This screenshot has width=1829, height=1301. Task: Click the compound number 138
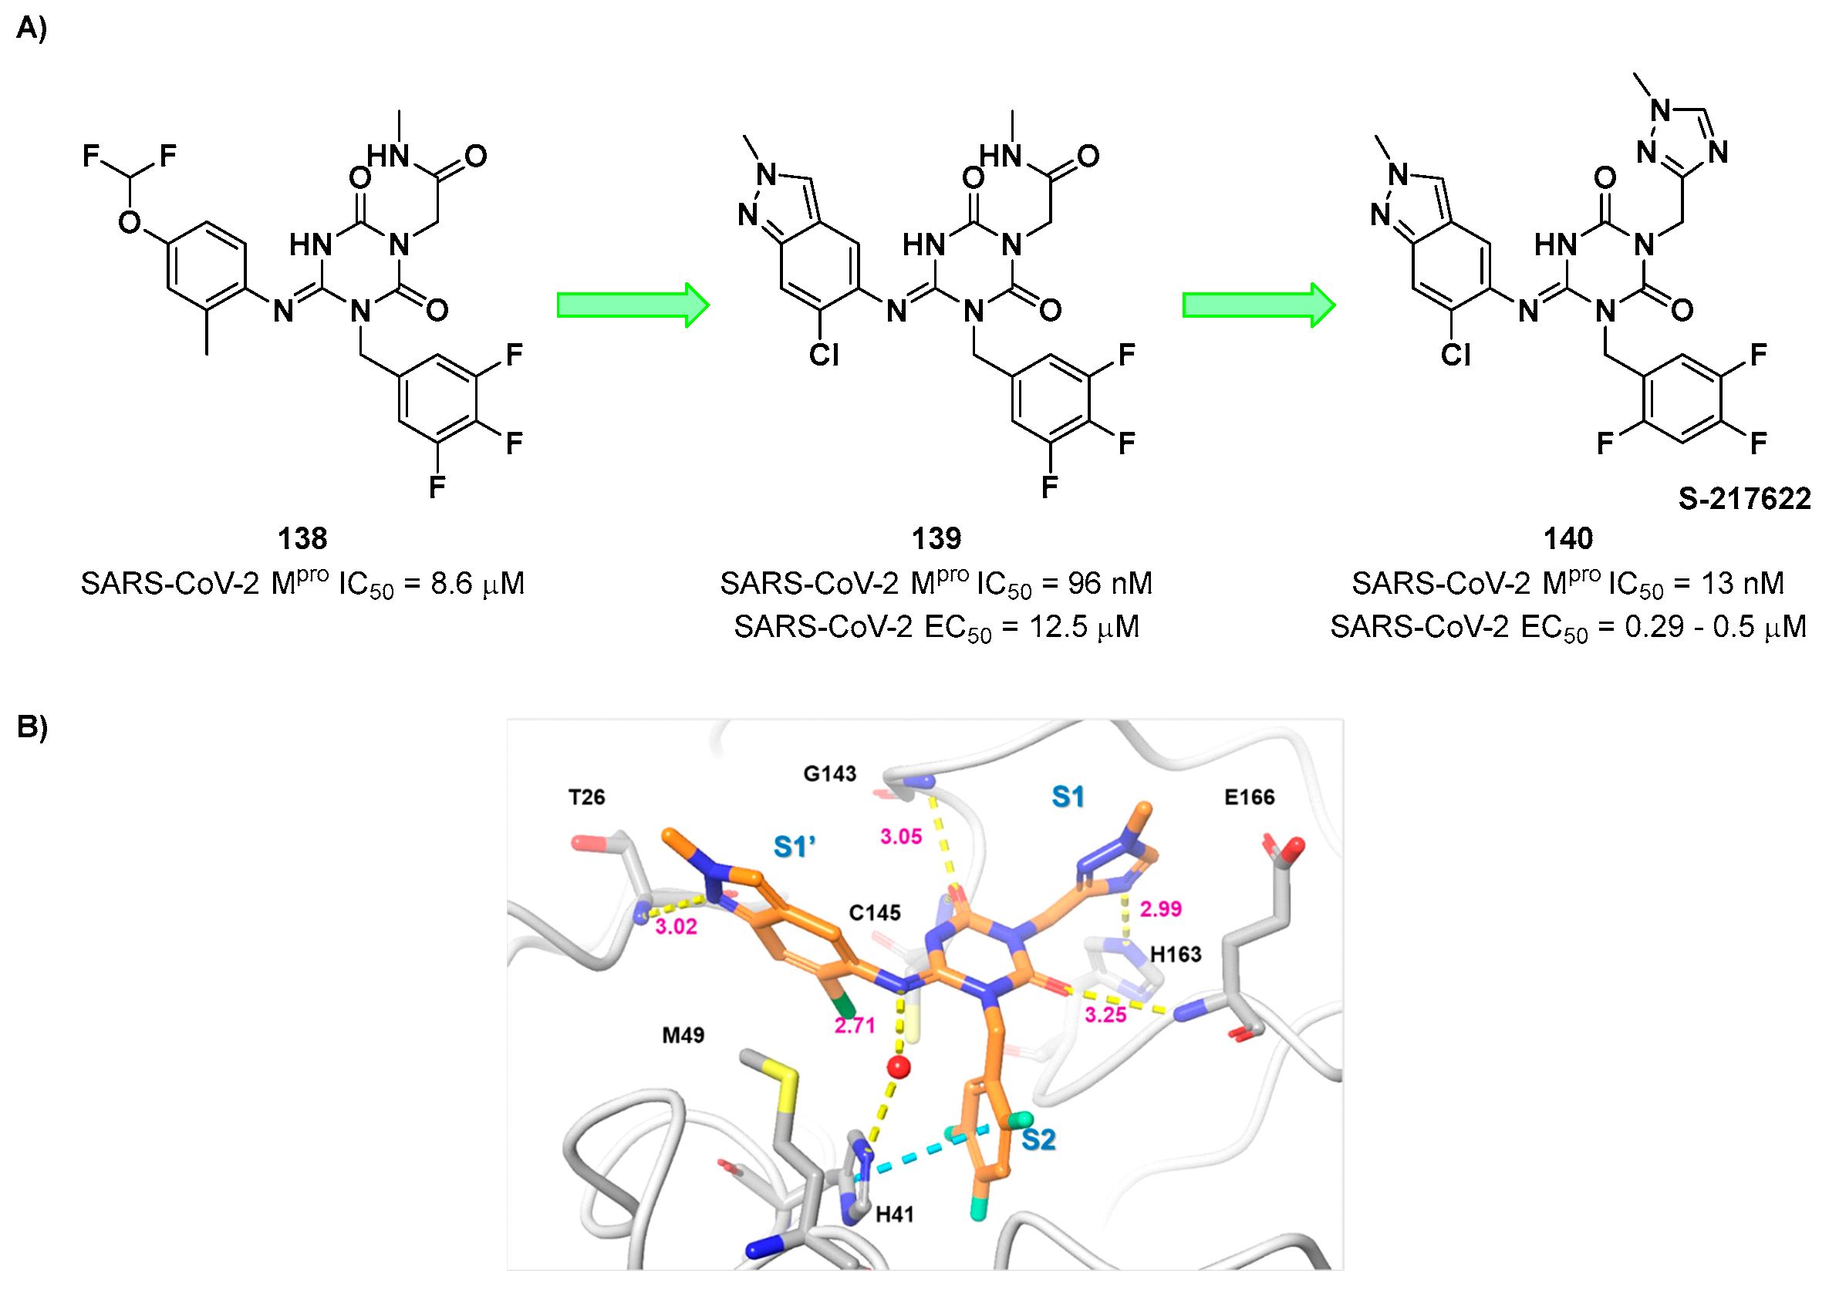(x=302, y=538)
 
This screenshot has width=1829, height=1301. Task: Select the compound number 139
(x=936, y=538)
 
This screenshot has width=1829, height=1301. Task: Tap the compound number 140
(x=1567, y=538)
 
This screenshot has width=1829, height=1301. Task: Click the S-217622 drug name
(x=1743, y=498)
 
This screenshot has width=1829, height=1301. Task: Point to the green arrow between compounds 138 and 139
(x=632, y=305)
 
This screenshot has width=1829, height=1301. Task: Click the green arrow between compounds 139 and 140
(x=1258, y=305)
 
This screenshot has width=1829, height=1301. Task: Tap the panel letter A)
(x=32, y=28)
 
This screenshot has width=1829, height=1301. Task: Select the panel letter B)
(x=32, y=726)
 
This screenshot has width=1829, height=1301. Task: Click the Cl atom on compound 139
(x=824, y=354)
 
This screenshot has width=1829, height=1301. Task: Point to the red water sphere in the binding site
(x=898, y=1067)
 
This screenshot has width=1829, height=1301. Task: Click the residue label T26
(x=586, y=797)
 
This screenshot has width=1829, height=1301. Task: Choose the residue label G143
(x=830, y=774)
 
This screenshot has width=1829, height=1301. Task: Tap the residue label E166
(x=1249, y=797)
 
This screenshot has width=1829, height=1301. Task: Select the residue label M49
(x=683, y=1035)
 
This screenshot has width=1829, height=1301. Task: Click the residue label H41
(x=894, y=1215)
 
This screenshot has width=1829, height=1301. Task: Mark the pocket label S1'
(x=794, y=847)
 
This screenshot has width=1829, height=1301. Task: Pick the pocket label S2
(x=1038, y=1139)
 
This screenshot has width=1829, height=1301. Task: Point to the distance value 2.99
(x=1160, y=908)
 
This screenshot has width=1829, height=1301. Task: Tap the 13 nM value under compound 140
(x=1742, y=583)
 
